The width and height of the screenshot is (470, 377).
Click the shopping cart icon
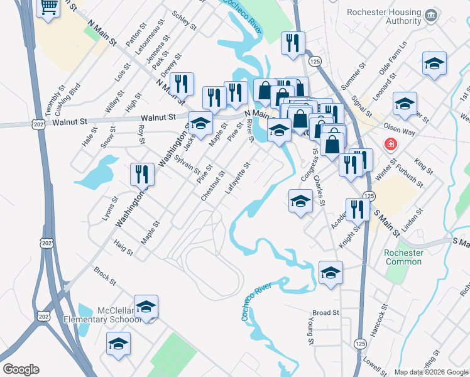[48, 8]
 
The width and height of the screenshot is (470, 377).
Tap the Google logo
[21, 369]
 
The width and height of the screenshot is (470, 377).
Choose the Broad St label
[325, 312]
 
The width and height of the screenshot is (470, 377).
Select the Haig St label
[124, 248]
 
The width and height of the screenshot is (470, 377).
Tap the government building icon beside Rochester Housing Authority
[431, 14]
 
